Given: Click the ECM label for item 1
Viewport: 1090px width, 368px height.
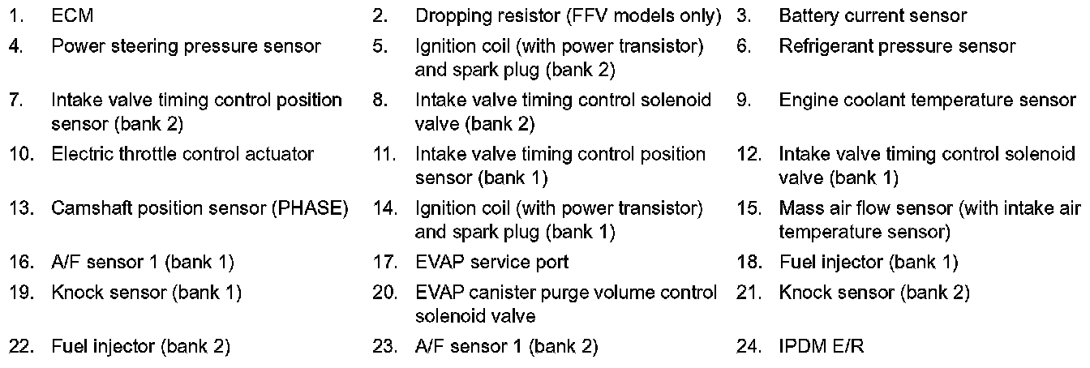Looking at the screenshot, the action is (x=71, y=16).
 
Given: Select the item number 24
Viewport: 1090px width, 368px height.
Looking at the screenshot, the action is (x=749, y=347).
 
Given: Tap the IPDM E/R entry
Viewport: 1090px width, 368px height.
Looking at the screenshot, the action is (x=822, y=347).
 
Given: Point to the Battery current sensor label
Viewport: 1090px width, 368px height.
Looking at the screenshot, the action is (x=873, y=16).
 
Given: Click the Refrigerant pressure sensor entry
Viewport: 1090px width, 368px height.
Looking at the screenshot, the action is (x=897, y=47).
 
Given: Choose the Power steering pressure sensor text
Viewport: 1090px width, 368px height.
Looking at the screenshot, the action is (x=186, y=47).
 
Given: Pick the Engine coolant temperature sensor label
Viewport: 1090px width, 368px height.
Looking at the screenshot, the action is (x=927, y=101).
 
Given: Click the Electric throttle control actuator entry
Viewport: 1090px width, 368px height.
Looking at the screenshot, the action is (x=182, y=154).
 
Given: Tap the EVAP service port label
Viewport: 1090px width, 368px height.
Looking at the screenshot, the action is (x=491, y=262).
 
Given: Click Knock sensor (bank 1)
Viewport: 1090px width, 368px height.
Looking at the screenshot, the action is (x=146, y=292).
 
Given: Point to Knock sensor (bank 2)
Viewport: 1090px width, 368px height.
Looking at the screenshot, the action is (x=874, y=292).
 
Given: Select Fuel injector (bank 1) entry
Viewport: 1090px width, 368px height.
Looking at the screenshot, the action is (x=869, y=262).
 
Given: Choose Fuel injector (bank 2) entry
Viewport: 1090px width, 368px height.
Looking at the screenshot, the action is (x=140, y=347).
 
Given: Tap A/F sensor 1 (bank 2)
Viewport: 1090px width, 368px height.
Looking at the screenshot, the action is (x=506, y=347).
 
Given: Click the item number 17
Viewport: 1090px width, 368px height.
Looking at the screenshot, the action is (x=384, y=262).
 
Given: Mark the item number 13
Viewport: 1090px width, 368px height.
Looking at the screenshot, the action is (x=20, y=208).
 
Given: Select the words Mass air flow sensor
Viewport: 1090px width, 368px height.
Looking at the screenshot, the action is (x=866, y=208).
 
